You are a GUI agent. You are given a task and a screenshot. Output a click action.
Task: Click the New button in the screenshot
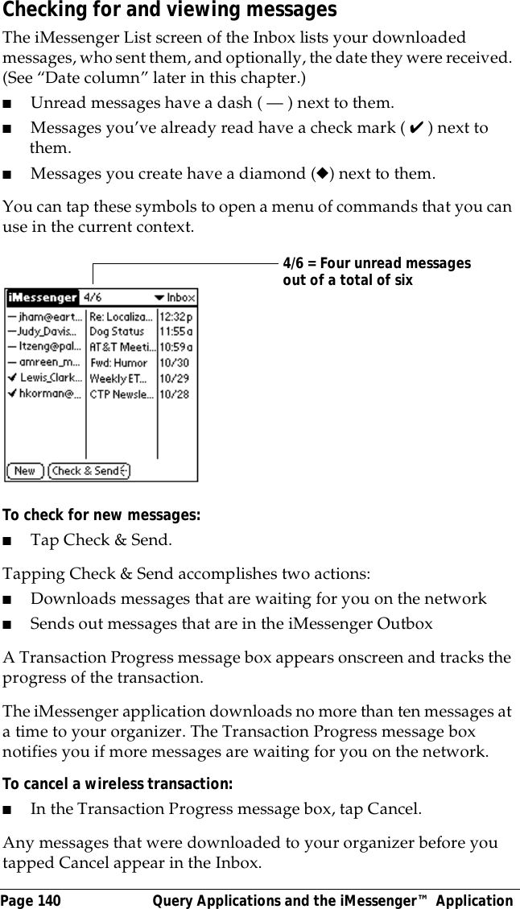[x=25, y=471]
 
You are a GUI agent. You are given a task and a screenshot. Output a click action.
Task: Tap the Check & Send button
[x=89, y=471]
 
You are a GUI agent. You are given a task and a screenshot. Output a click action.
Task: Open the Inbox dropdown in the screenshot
[x=175, y=298]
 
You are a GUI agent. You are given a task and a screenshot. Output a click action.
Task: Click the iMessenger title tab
[x=43, y=298]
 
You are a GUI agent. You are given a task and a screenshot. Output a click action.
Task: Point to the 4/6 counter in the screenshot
[x=93, y=298]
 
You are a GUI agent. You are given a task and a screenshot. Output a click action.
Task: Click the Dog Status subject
[x=117, y=332]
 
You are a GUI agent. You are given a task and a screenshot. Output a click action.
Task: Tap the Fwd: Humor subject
[x=118, y=363]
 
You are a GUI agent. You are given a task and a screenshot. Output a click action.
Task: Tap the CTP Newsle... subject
[x=121, y=395]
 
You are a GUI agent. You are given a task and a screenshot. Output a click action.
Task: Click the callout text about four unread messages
[x=376, y=272]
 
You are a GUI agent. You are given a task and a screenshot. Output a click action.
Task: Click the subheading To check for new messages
[x=102, y=514]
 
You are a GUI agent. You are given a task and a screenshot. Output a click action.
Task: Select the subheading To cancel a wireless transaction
[x=118, y=783]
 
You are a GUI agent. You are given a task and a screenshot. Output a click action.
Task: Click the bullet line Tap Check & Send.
[x=101, y=539]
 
